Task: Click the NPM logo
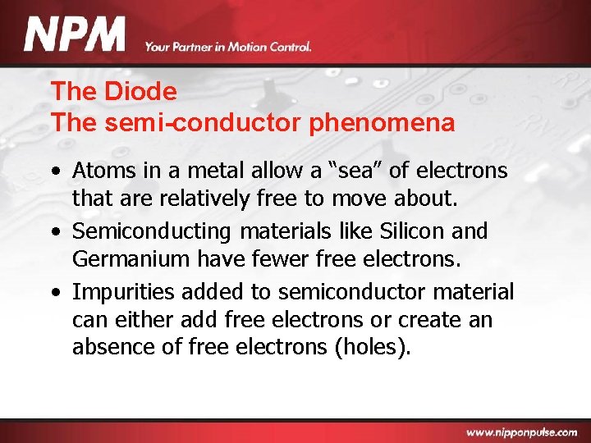click(74, 36)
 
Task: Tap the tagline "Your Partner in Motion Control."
click(228, 47)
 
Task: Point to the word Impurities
click(122, 292)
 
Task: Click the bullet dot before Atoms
click(54, 171)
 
